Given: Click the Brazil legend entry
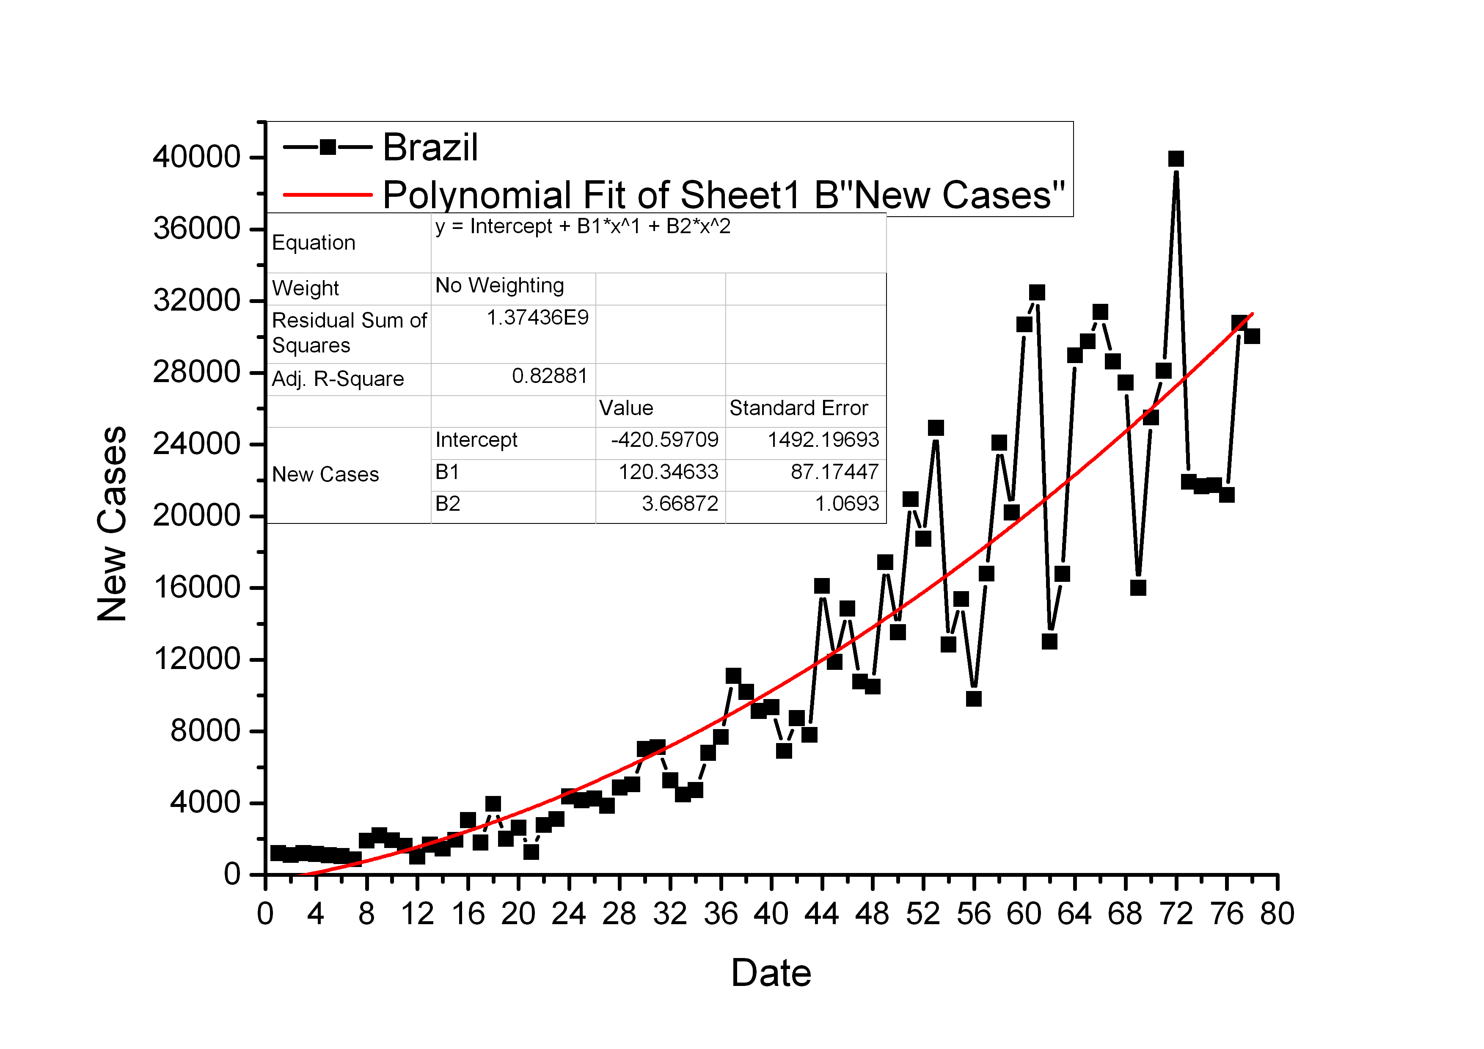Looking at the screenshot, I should [430, 147].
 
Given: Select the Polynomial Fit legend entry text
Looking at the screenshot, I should [723, 195].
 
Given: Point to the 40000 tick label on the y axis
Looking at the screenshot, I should [196, 157].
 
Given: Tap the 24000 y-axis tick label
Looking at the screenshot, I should [196, 444].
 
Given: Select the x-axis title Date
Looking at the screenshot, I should [771, 973].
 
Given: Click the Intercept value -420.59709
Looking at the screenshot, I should [664, 440].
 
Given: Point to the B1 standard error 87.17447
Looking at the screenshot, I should [834, 472].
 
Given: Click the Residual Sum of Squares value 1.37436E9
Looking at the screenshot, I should [537, 318].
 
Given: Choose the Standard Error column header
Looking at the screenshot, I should [798, 408].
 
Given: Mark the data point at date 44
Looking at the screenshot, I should [821, 586].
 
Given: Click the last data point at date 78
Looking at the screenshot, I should [1252, 336].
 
